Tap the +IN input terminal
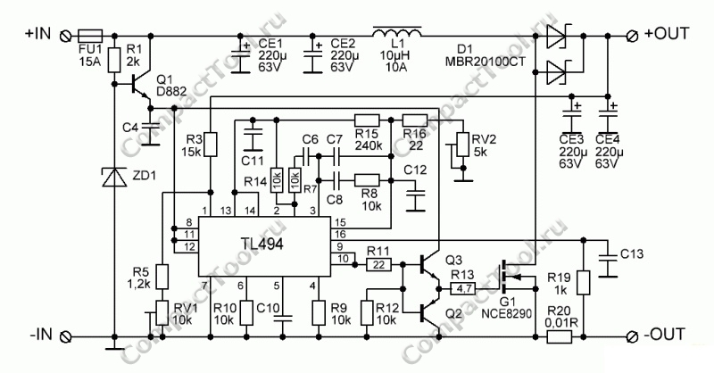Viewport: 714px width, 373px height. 64,35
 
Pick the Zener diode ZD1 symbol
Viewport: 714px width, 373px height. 114,178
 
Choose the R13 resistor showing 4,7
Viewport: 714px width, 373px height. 464,289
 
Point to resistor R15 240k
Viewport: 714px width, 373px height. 368,120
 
